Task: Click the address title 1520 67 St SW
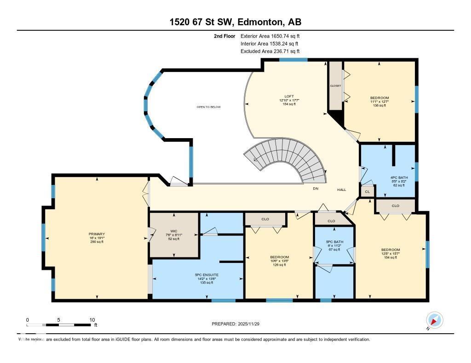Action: click(235, 22)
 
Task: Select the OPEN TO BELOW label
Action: click(208, 107)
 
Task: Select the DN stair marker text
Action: click(316, 189)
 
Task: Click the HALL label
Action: click(341, 190)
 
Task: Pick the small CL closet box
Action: click(367, 192)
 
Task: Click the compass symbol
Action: click(434, 320)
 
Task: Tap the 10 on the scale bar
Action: click(92, 320)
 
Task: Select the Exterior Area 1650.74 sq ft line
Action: click(270, 36)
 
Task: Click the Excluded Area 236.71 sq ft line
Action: click(270, 51)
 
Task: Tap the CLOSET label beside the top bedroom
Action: click(335, 86)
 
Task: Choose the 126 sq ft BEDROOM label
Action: click(279, 261)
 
